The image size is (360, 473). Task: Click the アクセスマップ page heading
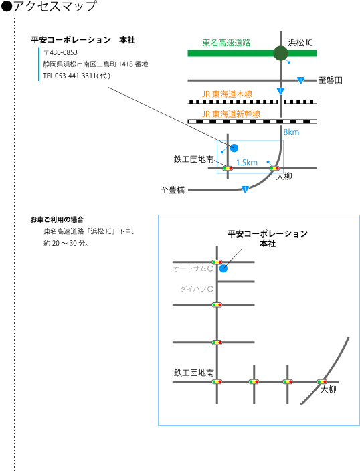tap(56, 6)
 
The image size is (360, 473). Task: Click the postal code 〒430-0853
tap(60, 52)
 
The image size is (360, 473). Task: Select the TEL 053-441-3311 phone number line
tap(77, 76)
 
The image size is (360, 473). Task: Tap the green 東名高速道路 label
tap(226, 43)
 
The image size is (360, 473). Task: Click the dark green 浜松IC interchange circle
tap(280, 54)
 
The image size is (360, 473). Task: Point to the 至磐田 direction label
tap(331, 80)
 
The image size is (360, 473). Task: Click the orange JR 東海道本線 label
tap(227, 94)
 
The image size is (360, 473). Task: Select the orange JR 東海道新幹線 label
tap(231, 114)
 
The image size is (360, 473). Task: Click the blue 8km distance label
tap(291, 132)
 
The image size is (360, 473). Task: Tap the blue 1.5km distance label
tap(246, 163)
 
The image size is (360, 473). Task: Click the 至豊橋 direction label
tap(173, 190)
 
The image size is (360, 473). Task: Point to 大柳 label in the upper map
tap(284, 176)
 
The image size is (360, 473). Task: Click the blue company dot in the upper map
tap(234, 148)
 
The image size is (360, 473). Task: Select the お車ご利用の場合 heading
tap(57, 219)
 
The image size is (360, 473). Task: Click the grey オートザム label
tap(190, 268)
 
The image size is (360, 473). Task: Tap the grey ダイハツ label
tap(193, 289)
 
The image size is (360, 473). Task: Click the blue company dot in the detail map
tap(223, 268)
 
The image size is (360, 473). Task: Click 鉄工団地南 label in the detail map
tap(194, 373)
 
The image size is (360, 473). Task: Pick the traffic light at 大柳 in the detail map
tap(323, 381)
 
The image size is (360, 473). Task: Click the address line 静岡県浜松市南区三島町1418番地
tap(96, 64)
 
